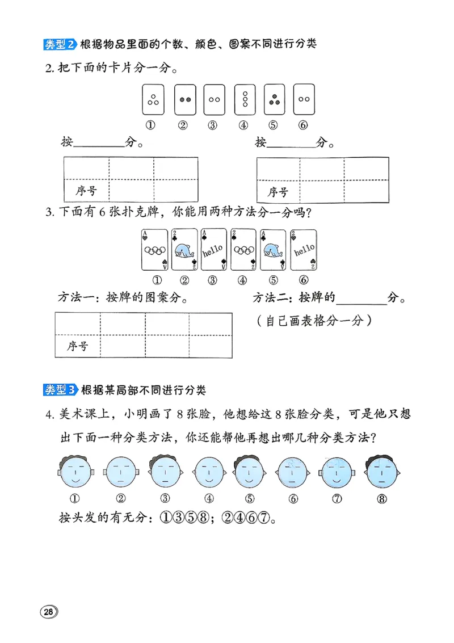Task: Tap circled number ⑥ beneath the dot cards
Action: [303, 125]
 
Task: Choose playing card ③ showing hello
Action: [212, 250]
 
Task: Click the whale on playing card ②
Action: [183, 251]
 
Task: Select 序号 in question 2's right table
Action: [278, 192]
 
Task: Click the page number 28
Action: [48, 611]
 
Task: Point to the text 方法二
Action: [268, 297]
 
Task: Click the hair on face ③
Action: [165, 459]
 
